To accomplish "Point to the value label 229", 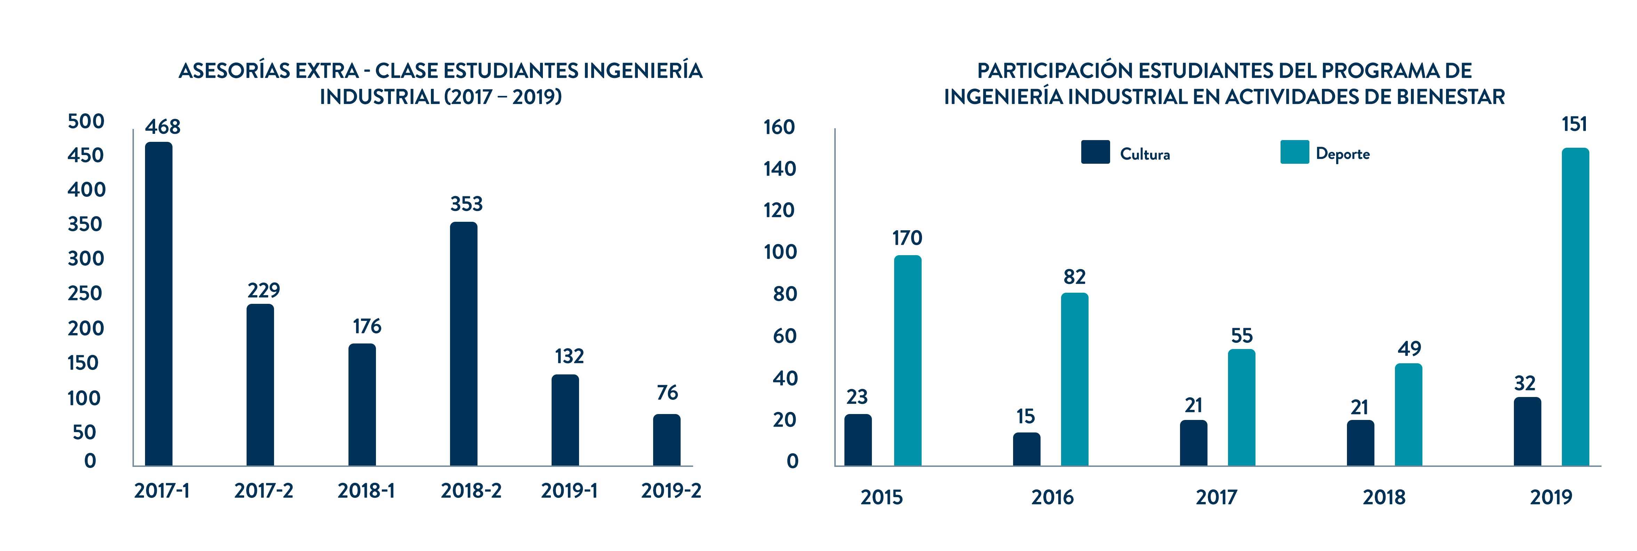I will pos(264,290).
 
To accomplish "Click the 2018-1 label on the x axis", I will pos(366,491).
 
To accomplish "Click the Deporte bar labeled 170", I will pos(907,360).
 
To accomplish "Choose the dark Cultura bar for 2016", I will pos(1026,449).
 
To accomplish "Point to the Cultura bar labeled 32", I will pos(1527,431).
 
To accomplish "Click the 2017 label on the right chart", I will pos(1216,497).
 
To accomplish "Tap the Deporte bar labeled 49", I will pos(1408,414).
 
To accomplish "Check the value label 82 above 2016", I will pos(1075,277).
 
